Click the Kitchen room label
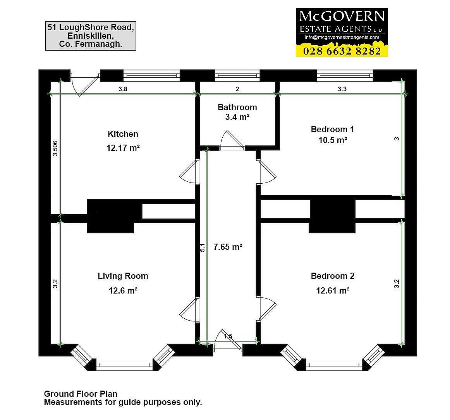[123, 134]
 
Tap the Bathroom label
[237, 107]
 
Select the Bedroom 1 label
[332, 129]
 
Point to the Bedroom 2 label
[333, 276]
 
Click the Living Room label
[123, 276]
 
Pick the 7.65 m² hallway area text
[228, 247]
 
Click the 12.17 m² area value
[123, 148]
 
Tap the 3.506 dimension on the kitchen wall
[55, 148]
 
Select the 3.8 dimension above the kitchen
[123, 89]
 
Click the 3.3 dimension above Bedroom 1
[342, 89]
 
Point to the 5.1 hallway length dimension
[202, 248]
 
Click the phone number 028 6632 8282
[342, 51]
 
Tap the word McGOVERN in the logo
[342, 16]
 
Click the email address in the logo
[342, 37]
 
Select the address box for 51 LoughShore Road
[91, 36]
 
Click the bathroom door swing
[232, 140]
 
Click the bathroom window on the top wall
[237, 76]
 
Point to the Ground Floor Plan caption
[81, 394]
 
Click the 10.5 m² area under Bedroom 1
[333, 140]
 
